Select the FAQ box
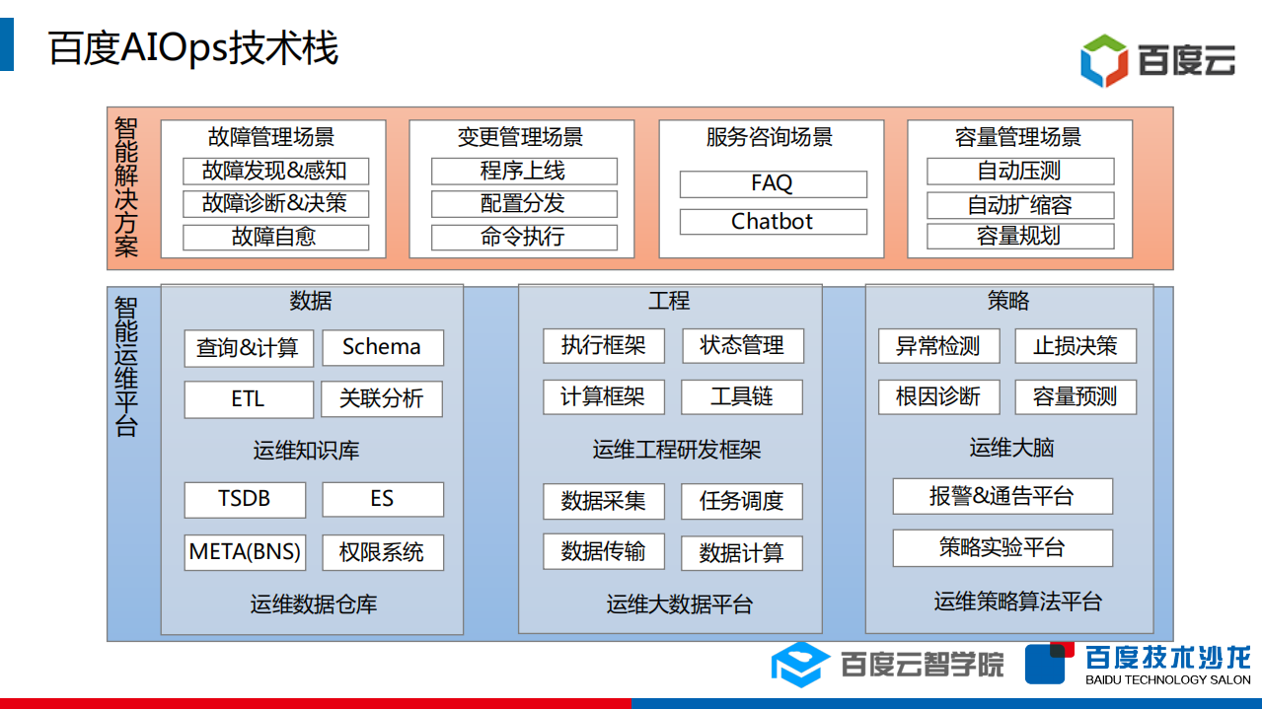pyautogui.click(x=773, y=183)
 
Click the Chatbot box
pyautogui.click(x=773, y=222)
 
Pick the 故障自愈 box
pyautogui.click(x=275, y=237)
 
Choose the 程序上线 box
pyautogui.click(x=524, y=171)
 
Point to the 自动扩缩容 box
pyautogui.click(x=1020, y=205)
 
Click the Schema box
pyautogui.click(x=382, y=347)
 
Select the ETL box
pyautogui.click(x=248, y=399)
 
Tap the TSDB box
pyautogui.click(x=245, y=499)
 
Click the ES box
pyautogui.click(x=382, y=499)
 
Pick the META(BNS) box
pyautogui.click(x=245, y=551)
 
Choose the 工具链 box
pyautogui.click(x=741, y=396)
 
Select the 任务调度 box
pyautogui.click(x=741, y=501)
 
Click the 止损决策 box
pyautogui.click(x=1075, y=346)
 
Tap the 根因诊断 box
pyautogui.click(x=938, y=396)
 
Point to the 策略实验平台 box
pyautogui.click(x=1002, y=547)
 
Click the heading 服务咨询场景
pyautogui.click(x=770, y=137)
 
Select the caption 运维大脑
pyautogui.click(x=1011, y=448)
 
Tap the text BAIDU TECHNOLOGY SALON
pyautogui.click(x=1167, y=679)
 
